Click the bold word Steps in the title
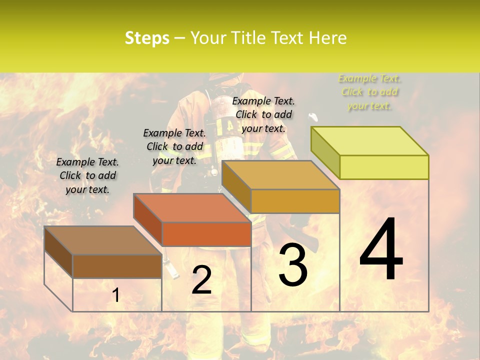(x=147, y=38)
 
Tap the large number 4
(x=381, y=249)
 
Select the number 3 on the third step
(x=293, y=265)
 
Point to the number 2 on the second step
(x=201, y=280)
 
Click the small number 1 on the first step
(x=116, y=295)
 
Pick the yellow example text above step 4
(x=369, y=92)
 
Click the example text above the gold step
(x=263, y=114)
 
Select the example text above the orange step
(x=174, y=146)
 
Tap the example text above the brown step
(x=87, y=175)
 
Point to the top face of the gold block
(x=280, y=175)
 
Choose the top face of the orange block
(x=192, y=208)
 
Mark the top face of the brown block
(x=103, y=240)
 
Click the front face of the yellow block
(x=384, y=167)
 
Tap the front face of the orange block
(x=206, y=234)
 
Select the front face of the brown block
(x=117, y=266)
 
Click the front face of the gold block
(x=295, y=201)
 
